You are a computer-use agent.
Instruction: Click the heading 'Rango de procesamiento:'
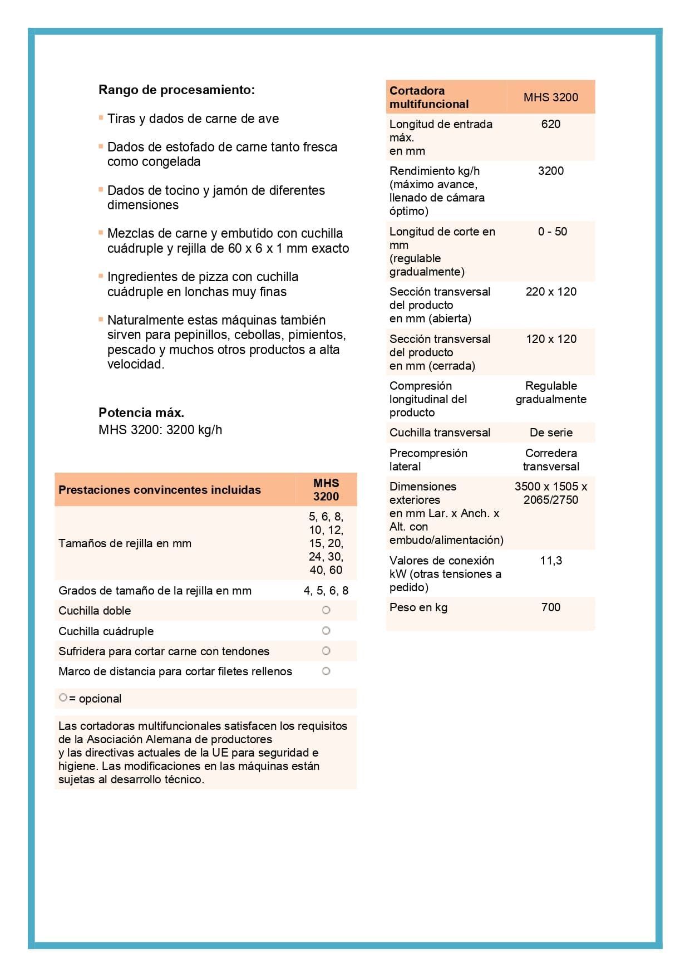[x=176, y=90]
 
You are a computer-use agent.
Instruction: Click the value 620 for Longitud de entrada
[x=550, y=124]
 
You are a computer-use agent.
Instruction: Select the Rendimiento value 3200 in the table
[x=550, y=171]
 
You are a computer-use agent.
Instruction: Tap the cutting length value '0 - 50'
[x=552, y=232]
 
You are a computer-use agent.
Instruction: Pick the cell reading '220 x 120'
[x=551, y=292]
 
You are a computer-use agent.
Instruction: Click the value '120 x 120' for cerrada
[x=551, y=339]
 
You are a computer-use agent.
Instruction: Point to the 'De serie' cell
[x=551, y=433]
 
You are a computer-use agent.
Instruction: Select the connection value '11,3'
[x=551, y=561]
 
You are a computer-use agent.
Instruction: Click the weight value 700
[x=550, y=607]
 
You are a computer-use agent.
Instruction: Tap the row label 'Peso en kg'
[x=418, y=607]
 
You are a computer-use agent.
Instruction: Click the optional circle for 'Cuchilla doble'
[x=326, y=610]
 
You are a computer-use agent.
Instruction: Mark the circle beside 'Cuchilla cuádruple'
[x=326, y=631]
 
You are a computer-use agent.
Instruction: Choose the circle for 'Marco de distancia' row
[x=326, y=671]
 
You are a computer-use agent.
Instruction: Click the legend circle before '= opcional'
[x=63, y=698]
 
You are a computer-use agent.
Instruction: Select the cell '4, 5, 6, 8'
[x=326, y=591]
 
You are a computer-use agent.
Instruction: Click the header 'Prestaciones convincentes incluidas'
[x=160, y=490]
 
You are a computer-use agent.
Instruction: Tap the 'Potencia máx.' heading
[x=141, y=413]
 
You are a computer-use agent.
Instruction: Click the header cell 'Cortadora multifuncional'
[x=428, y=97]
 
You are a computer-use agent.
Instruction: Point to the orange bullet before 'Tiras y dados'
[x=101, y=117]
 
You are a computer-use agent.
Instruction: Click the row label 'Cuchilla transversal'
[x=440, y=433]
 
